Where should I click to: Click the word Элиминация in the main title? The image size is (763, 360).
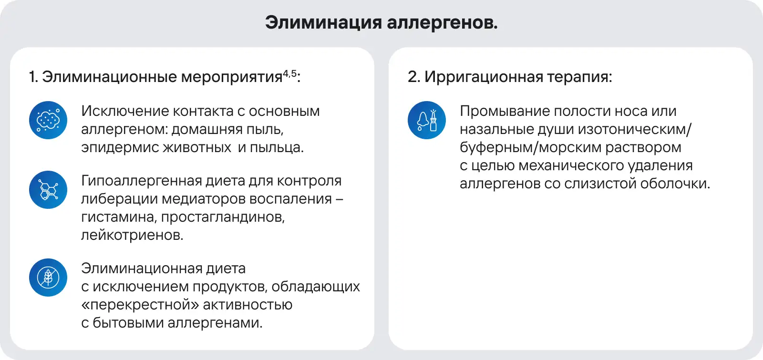click(324, 23)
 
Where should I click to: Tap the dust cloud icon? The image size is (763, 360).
click(48, 120)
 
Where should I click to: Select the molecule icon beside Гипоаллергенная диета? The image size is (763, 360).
click(48, 190)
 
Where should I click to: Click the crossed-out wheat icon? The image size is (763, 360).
click(48, 278)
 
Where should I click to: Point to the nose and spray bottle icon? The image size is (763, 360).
click(427, 120)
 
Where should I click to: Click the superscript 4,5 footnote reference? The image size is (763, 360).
click(289, 73)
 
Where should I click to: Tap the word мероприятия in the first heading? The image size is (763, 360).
click(232, 77)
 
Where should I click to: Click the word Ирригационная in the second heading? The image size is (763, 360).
click(484, 77)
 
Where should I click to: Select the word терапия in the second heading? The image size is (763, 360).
click(579, 77)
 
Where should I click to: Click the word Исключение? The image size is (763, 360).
click(124, 112)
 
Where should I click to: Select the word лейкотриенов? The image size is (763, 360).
click(132, 236)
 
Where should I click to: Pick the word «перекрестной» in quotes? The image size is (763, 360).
click(140, 305)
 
